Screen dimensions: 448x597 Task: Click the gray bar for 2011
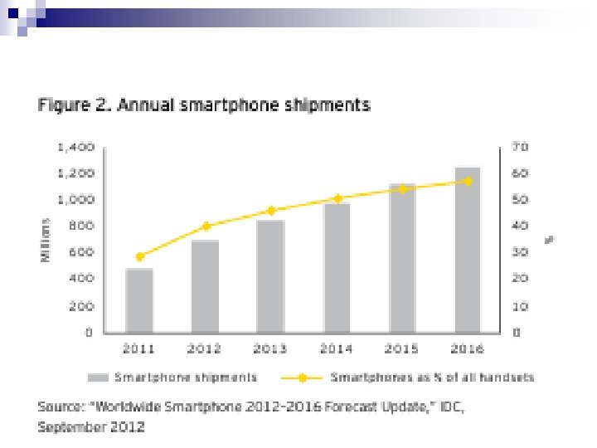click(139, 300)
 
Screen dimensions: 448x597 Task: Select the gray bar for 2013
click(270, 276)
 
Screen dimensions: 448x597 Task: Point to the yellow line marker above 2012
click(206, 226)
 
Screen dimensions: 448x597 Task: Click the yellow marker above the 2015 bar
click(403, 189)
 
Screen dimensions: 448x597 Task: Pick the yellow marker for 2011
click(139, 257)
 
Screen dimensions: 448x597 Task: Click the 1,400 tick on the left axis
click(75, 147)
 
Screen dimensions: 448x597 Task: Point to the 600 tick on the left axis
click(80, 252)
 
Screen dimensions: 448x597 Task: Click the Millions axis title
click(47, 241)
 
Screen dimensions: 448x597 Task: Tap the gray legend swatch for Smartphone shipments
click(99, 378)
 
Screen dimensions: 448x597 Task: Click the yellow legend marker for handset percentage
click(302, 378)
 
